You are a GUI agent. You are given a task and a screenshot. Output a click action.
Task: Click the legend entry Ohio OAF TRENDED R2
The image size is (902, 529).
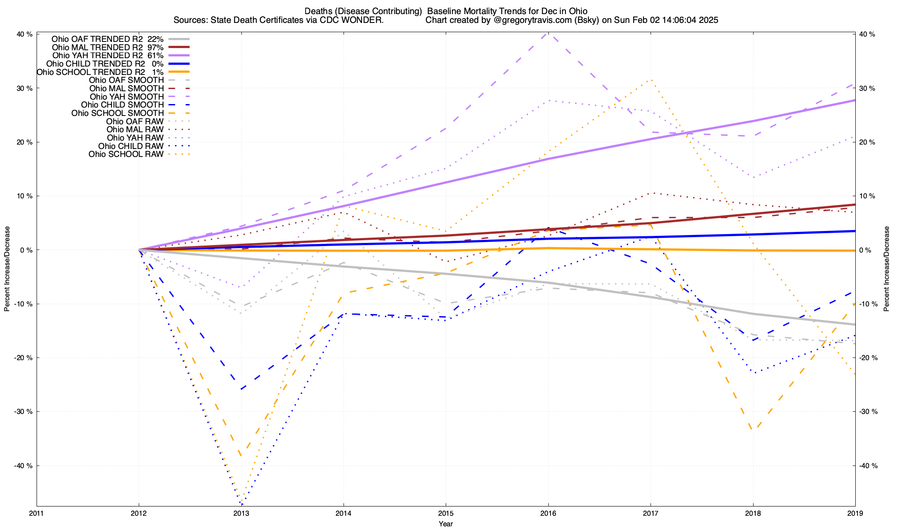97,39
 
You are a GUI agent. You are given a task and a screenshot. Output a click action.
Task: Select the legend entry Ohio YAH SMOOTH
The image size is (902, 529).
126,97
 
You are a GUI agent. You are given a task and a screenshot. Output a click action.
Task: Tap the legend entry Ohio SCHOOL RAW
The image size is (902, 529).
126,154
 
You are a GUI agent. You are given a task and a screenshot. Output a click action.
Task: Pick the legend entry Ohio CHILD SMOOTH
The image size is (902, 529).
122,105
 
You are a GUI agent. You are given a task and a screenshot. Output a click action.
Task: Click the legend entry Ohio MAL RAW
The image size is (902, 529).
135,130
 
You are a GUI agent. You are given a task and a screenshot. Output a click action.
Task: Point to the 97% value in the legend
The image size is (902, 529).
155,47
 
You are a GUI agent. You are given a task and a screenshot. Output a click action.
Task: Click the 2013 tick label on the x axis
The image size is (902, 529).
241,513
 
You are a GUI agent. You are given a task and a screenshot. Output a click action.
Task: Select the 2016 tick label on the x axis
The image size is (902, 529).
548,513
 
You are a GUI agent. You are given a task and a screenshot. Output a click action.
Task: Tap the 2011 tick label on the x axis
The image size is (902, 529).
37,513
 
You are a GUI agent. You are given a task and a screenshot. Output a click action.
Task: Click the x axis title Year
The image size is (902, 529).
446,524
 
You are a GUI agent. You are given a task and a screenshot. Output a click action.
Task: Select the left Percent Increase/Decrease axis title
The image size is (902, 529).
7,269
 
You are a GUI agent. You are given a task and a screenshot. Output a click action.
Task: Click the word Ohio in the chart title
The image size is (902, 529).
577,11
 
